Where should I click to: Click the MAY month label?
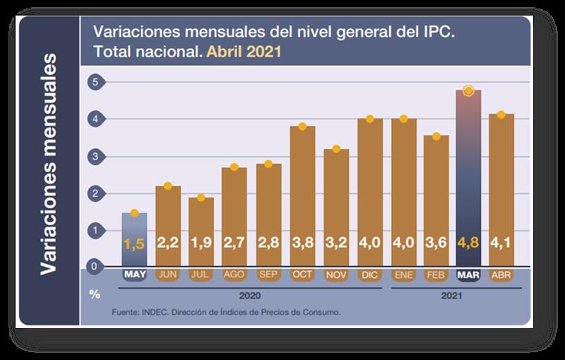(x=134, y=274)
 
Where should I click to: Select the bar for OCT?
(x=302, y=191)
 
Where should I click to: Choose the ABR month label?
(x=500, y=274)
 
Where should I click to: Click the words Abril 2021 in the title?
(x=244, y=52)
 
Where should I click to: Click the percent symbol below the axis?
(x=94, y=293)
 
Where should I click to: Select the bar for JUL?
(x=201, y=226)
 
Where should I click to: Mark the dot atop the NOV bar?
(x=336, y=149)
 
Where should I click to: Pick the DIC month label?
(x=370, y=274)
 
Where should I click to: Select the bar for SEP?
(x=268, y=212)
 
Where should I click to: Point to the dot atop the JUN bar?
(x=168, y=186)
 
